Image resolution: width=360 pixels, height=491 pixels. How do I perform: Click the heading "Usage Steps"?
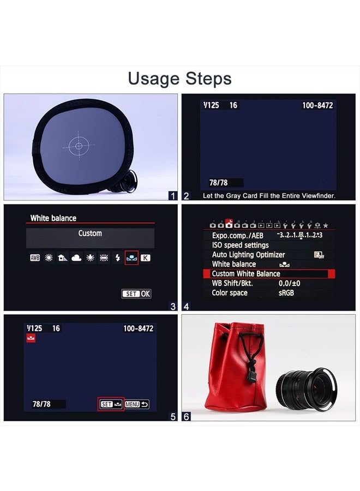[179, 79]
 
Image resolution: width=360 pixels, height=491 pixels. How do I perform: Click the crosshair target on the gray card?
[79, 146]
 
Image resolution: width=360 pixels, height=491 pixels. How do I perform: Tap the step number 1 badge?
[173, 196]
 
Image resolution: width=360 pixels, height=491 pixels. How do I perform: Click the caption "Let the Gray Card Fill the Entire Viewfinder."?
[269, 196]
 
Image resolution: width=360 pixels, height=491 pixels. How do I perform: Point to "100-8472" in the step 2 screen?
[317, 105]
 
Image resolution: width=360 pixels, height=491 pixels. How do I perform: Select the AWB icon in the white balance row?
[35, 258]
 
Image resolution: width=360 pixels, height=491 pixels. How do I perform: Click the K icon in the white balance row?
[145, 258]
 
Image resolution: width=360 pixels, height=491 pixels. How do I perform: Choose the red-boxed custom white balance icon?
[131, 258]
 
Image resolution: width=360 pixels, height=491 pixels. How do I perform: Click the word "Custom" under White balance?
[90, 233]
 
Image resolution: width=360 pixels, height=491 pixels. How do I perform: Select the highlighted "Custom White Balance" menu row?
[269, 274]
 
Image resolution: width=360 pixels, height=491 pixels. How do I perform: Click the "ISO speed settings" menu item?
[240, 245]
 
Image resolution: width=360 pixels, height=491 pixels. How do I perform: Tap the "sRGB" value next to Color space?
[286, 293]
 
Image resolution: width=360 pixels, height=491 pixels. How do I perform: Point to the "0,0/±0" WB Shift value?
[289, 283]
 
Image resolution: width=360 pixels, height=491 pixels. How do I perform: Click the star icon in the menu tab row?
[326, 225]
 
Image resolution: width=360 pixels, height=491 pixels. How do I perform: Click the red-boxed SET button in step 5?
[111, 404]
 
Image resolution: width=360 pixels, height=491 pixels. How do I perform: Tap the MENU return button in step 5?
[136, 404]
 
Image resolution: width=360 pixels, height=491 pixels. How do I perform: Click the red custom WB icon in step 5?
[31, 338]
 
